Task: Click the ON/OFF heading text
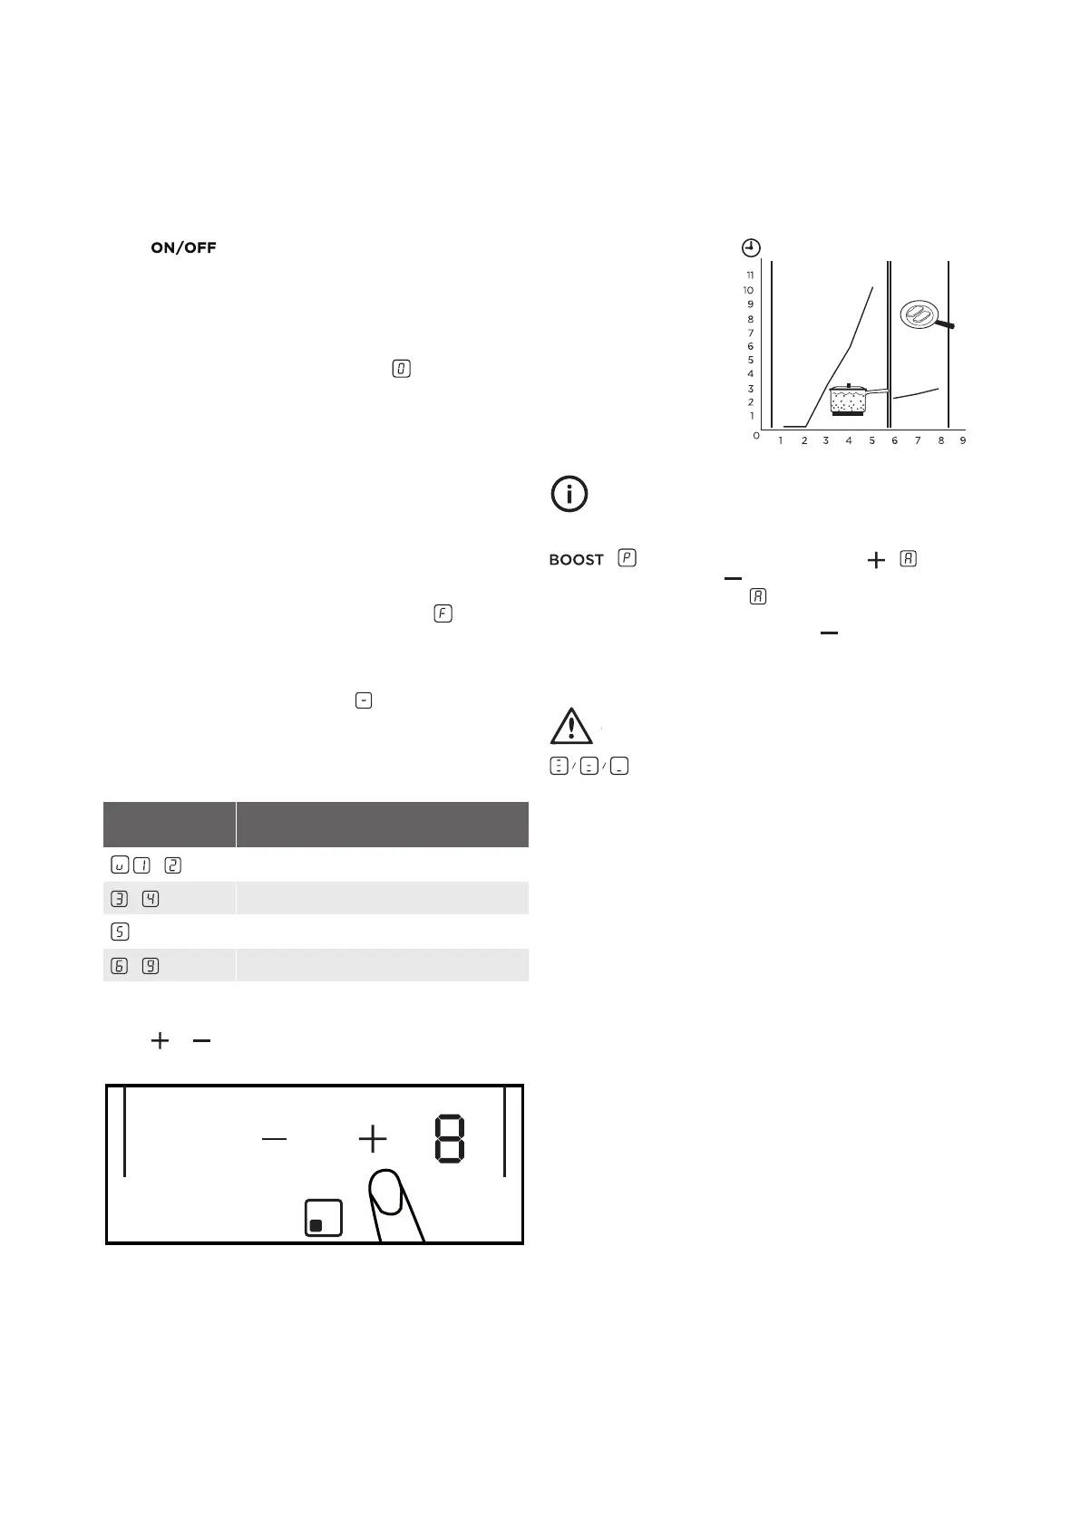pyautogui.click(x=183, y=247)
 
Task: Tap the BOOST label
pyautogui.click(x=576, y=560)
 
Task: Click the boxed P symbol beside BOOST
pyautogui.click(x=626, y=558)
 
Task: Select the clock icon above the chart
pyautogui.click(x=751, y=247)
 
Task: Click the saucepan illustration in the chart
pyautogui.click(x=853, y=399)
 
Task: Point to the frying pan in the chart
pyautogui.click(x=922, y=316)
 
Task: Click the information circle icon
pyautogui.click(x=569, y=494)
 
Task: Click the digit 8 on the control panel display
pyautogui.click(x=450, y=1140)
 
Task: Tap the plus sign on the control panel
pyautogui.click(x=373, y=1139)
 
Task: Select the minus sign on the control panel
pyautogui.click(x=274, y=1139)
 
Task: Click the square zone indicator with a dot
pyautogui.click(x=324, y=1218)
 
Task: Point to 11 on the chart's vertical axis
pyautogui.click(x=750, y=275)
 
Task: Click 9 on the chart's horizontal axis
pyautogui.click(x=963, y=440)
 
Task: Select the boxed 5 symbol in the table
pyautogui.click(x=121, y=932)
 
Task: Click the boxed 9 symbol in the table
pyautogui.click(x=151, y=966)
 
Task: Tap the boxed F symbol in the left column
pyautogui.click(x=443, y=613)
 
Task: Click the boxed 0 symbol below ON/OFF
pyautogui.click(x=402, y=369)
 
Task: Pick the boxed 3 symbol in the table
pyautogui.click(x=121, y=898)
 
